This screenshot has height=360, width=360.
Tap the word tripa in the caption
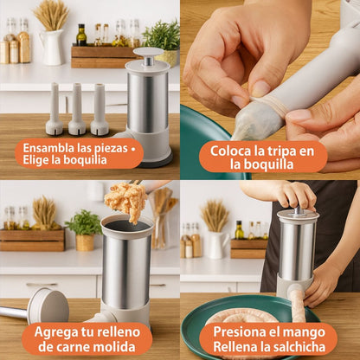[x=274, y=151]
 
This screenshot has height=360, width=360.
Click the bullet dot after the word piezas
[x=132, y=149]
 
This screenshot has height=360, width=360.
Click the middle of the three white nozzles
[x=77, y=110]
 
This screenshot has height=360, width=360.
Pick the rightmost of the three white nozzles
[x=100, y=110]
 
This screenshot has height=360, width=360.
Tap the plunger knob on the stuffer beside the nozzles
[x=148, y=54]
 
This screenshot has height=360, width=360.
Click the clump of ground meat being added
[x=126, y=200]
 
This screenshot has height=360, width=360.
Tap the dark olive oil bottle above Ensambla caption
[x=81, y=35]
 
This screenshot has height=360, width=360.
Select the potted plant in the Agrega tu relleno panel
[x=84, y=231]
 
